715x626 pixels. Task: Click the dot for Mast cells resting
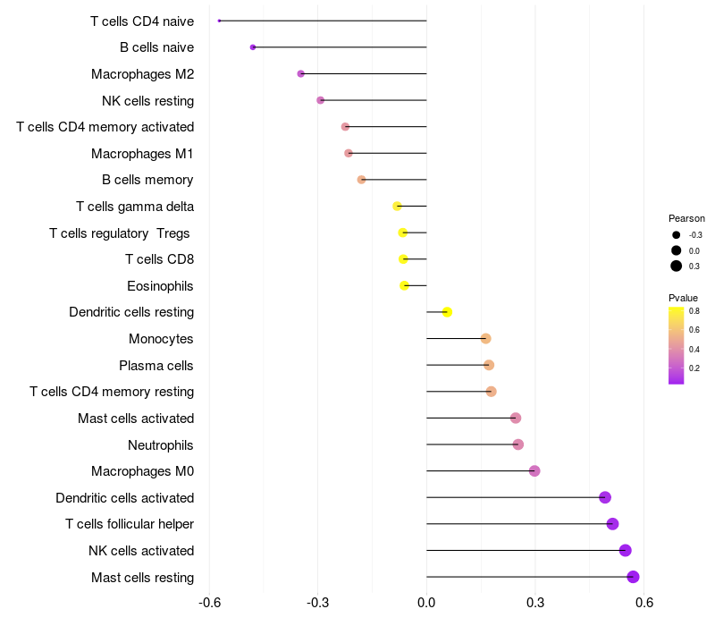pyautogui.click(x=633, y=577)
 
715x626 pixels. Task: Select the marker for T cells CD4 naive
pyautogui.click(x=219, y=21)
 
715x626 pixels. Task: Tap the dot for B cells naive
pyautogui.click(x=253, y=47)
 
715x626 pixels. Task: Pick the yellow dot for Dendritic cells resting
pyautogui.click(x=447, y=312)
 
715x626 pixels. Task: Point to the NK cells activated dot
pyautogui.click(x=625, y=550)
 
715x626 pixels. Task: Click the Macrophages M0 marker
pyautogui.click(x=534, y=471)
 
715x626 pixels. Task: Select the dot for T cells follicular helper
pyautogui.click(x=612, y=524)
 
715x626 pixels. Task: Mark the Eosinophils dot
pyautogui.click(x=404, y=285)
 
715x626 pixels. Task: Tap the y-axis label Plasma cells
pyautogui.click(x=156, y=365)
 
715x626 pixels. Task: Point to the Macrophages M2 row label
pyautogui.click(x=143, y=73)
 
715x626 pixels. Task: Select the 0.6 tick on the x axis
pyautogui.click(x=643, y=604)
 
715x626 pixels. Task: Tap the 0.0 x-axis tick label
pyautogui.click(x=426, y=604)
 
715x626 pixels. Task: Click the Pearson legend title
pyautogui.click(x=686, y=218)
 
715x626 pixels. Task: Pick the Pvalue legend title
pyautogui.click(x=683, y=298)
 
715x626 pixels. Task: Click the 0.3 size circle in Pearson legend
pyautogui.click(x=677, y=266)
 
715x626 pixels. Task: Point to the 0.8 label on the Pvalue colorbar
pyautogui.click(x=694, y=311)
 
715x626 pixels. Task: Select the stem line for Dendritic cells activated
pyautogui.click(x=514, y=497)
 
